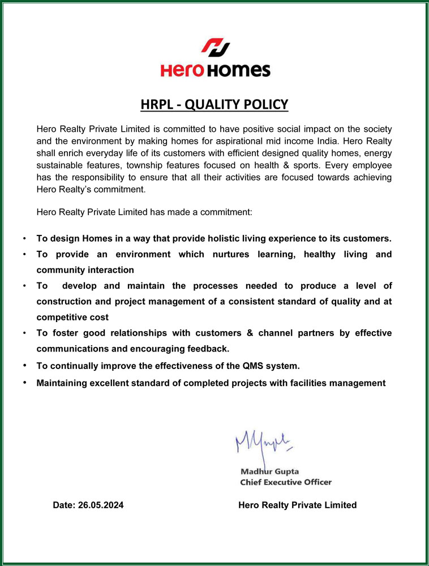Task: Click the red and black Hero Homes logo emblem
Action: [215, 48]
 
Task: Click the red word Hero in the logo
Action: [181, 71]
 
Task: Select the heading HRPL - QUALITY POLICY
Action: [215, 105]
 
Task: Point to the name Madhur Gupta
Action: [270, 471]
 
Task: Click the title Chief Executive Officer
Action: [286, 482]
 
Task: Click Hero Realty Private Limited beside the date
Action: [298, 505]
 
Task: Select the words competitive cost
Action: [72, 317]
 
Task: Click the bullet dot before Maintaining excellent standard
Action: [25, 383]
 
